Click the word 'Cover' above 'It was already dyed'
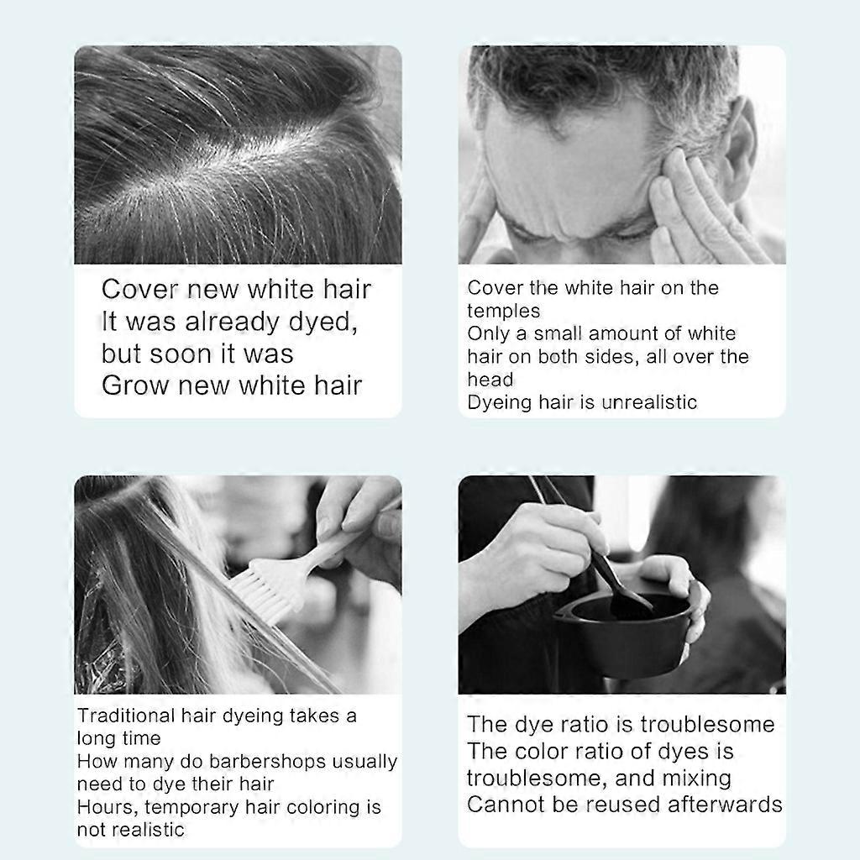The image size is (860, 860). click(140, 289)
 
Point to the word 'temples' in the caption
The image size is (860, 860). click(504, 311)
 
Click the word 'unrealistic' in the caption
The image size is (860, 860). click(649, 402)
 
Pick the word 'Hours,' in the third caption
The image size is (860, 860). click(108, 807)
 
